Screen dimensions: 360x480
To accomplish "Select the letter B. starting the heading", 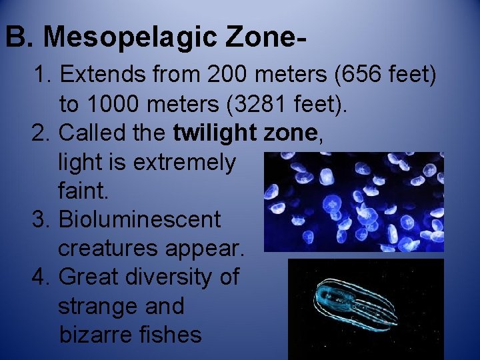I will click(x=21, y=38).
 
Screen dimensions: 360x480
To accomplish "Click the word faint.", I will click(x=83, y=191).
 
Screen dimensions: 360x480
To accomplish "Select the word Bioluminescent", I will click(x=140, y=220).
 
